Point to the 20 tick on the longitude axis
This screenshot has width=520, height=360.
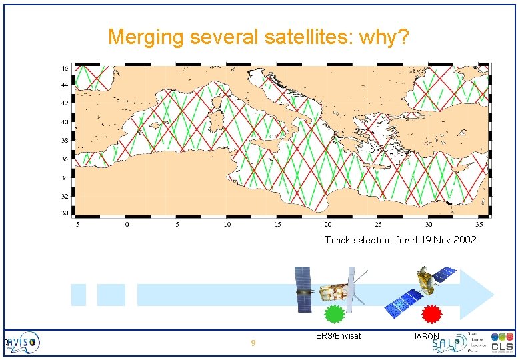coord(328,225)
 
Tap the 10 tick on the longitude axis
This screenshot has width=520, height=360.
coord(227,225)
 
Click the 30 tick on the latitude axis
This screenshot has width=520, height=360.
coord(65,213)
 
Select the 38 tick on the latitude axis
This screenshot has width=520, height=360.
coord(65,141)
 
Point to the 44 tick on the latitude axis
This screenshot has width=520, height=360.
coord(65,85)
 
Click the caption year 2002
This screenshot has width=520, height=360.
coord(465,240)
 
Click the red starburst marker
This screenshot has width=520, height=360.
coord(432,313)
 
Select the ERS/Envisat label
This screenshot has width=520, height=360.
coord(338,336)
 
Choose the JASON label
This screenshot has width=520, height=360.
coord(426,337)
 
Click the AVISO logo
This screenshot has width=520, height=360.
coord(24,343)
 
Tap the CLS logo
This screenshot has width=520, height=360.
coord(502,343)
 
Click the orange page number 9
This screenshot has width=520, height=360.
coord(253,344)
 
